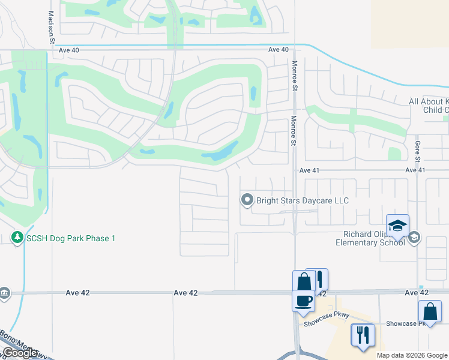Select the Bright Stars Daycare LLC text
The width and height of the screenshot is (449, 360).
click(303, 200)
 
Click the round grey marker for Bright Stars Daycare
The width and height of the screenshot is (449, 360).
click(247, 200)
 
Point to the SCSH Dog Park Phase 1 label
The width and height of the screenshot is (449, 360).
click(70, 238)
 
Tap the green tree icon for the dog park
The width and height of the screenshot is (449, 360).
click(17, 238)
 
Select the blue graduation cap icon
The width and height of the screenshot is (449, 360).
click(397, 226)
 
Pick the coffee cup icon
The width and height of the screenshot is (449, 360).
click(303, 299)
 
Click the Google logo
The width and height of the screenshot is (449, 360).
click(19, 353)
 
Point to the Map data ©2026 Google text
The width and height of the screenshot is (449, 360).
click(412, 355)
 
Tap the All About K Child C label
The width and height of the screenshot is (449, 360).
click(429, 106)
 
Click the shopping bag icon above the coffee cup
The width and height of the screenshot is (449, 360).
click(304, 281)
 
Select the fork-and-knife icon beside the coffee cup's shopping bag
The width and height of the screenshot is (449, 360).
click(318, 278)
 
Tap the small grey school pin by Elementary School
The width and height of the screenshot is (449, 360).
click(414, 238)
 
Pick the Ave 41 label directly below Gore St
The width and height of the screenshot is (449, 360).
click(415, 170)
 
